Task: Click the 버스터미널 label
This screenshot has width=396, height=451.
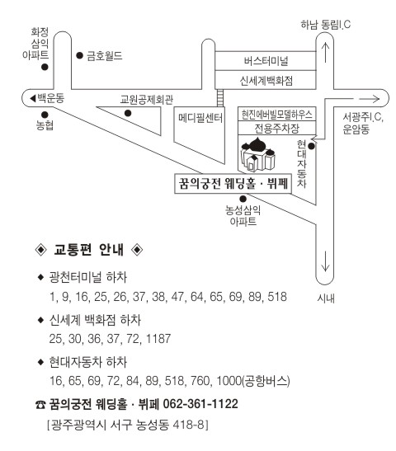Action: click(x=266, y=61)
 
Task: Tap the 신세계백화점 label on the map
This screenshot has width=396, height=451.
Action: click(x=266, y=80)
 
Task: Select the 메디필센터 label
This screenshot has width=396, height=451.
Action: click(x=200, y=118)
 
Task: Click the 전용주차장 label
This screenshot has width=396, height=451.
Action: click(x=276, y=128)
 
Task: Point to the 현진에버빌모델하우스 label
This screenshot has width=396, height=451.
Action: click(x=276, y=115)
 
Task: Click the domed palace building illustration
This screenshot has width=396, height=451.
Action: click(x=258, y=154)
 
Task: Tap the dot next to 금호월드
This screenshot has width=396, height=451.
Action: click(x=79, y=55)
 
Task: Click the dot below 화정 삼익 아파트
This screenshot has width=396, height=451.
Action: click(x=45, y=67)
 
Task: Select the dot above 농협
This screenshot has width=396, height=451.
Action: click(x=45, y=115)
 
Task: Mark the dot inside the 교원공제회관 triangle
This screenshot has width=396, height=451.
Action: click(x=128, y=113)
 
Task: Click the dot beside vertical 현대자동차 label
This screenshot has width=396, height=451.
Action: click(x=311, y=146)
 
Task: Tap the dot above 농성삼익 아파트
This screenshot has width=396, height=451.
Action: click(x=243, y=199)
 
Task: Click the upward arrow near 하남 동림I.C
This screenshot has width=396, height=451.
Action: click(x=325, y=52)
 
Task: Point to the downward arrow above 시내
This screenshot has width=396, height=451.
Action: click(x=325, y=261)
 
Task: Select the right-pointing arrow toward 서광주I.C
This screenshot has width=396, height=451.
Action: click(x=370, y=99)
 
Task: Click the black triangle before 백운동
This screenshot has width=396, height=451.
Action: click(x=33, y=99)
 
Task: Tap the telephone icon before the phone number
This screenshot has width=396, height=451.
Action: click(x=40, y=405)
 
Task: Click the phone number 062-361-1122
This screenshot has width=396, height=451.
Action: click(x=200, y=404)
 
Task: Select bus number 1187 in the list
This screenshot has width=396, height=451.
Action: click(x=158, y=339)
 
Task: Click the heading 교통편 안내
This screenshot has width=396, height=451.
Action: click(x=88, y=249)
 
